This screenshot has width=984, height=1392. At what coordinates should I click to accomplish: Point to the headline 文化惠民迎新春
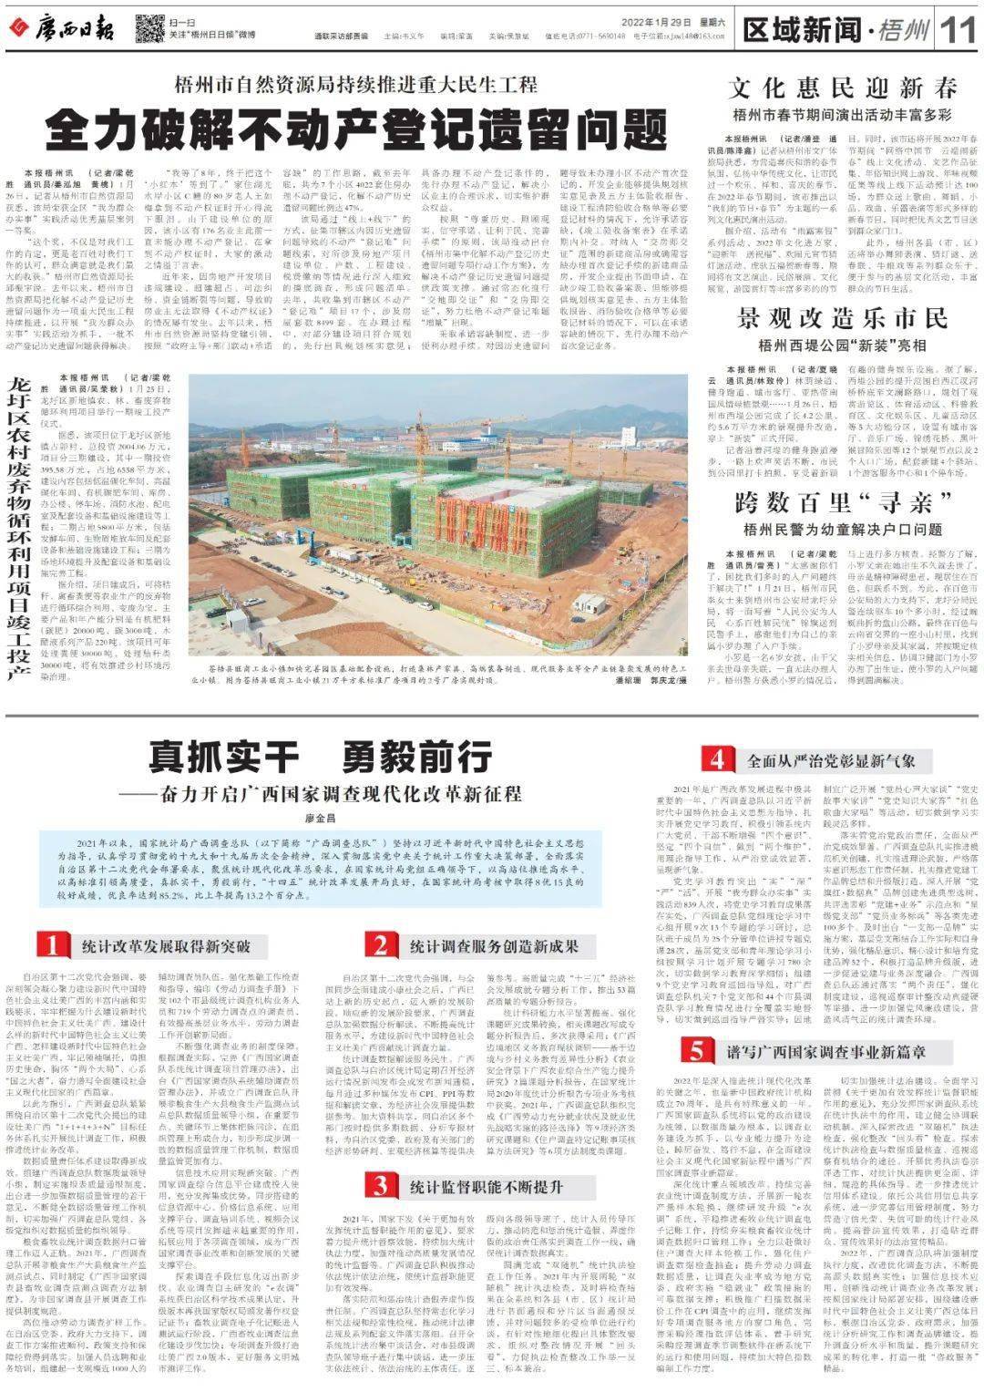tap(843, 88)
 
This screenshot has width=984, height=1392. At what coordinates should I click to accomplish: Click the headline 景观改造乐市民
tap(843, 319)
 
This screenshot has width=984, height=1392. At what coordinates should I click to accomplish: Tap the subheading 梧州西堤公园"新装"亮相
tap(843, 345)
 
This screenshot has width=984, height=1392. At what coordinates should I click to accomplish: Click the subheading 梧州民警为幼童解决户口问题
tap(843, 529)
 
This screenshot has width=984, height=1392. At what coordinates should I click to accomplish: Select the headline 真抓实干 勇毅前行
tap(314, 757)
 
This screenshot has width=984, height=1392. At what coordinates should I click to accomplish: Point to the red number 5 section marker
tap(696, 1050)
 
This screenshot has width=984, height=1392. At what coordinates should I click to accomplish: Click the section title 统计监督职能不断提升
tap(487, 1186)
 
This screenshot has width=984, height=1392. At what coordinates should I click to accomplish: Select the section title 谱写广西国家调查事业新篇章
tap(825, 1051)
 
